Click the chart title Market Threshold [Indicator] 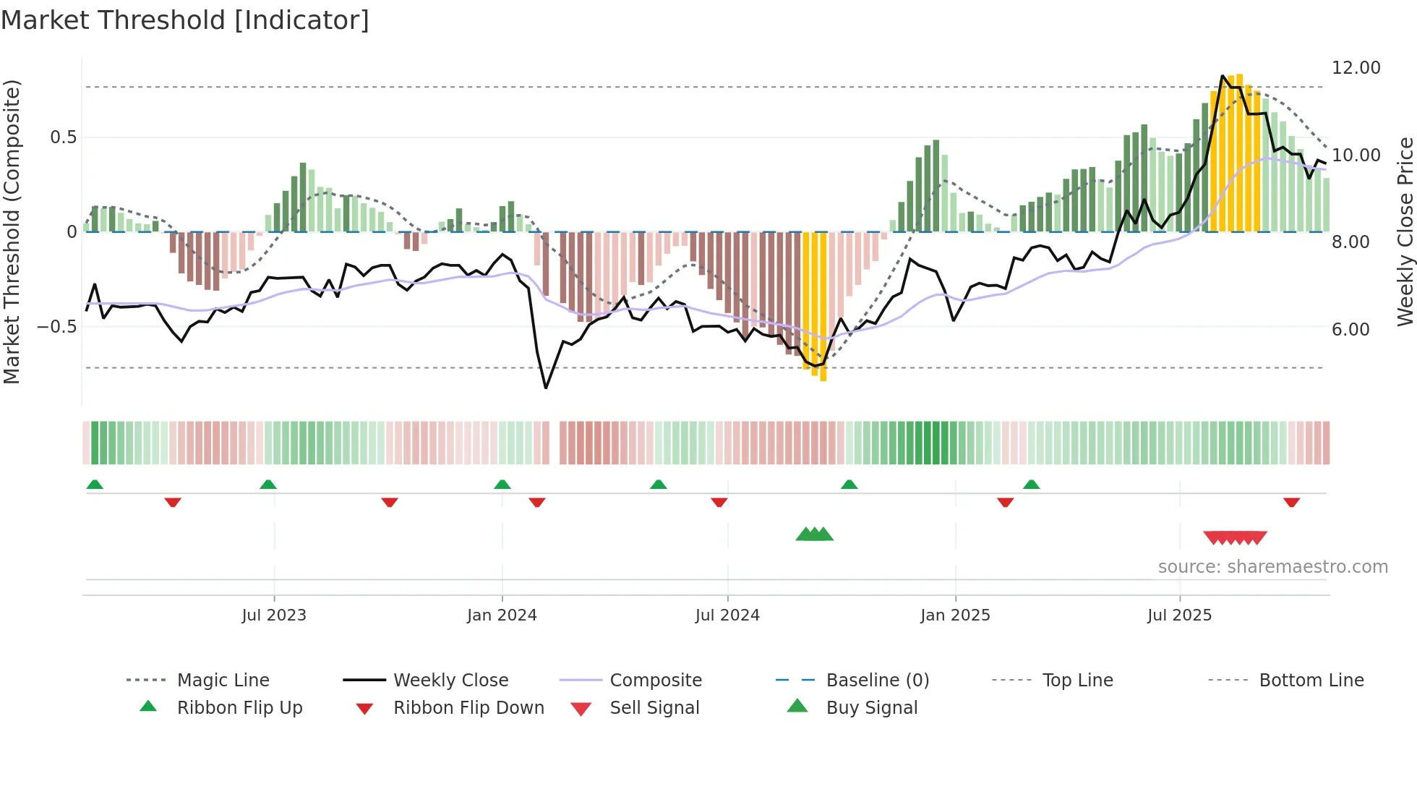coord(185,20)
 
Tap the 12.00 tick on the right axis coord(1356,68)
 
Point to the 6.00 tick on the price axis coord(1350,330)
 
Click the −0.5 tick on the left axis coord(56,327)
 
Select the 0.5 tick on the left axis coord(63,137)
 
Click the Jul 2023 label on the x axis coord(274,615)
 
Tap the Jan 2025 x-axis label coord(955,615)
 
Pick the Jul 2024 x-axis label coord(727,615)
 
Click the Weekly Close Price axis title coord(1404,231)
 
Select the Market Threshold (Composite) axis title coord(12,231)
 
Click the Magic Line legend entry coord(223,681)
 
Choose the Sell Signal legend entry coord(654,708)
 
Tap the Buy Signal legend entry coord(871,708)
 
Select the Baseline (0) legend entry coord(877,681)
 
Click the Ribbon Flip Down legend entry coord(468,708)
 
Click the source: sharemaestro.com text coord(1272,567)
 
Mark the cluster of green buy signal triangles coord(815,534)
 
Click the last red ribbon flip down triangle coord(1291,502)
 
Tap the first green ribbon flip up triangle coord(95,485)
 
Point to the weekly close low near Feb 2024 coord(546,388)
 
